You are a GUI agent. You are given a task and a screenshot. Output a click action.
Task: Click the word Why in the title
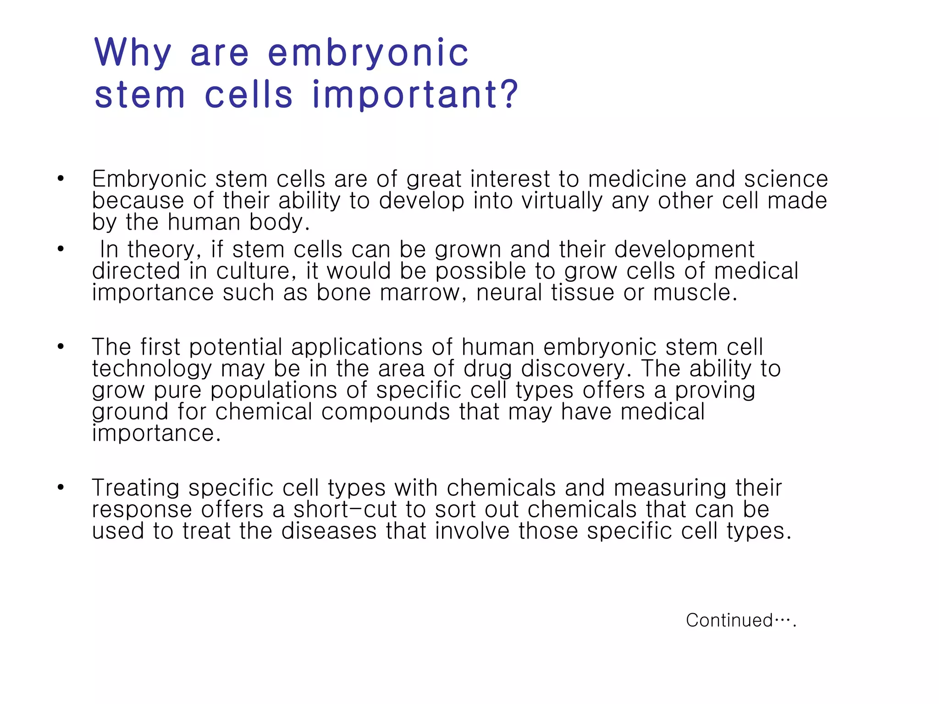point(133,53)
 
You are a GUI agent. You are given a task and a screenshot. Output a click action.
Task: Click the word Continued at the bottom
point(729,621)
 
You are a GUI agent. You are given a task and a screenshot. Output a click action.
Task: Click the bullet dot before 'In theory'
point(61,249)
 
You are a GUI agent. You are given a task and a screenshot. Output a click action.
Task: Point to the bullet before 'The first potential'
point(61,346)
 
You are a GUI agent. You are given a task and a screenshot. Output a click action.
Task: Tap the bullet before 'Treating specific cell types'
point(61,487)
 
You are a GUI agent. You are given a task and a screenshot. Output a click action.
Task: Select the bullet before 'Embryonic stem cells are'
point(61,179)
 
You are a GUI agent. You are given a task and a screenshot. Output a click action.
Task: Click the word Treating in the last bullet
point(135,488)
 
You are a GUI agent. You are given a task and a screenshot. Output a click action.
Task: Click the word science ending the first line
point(786,179)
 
